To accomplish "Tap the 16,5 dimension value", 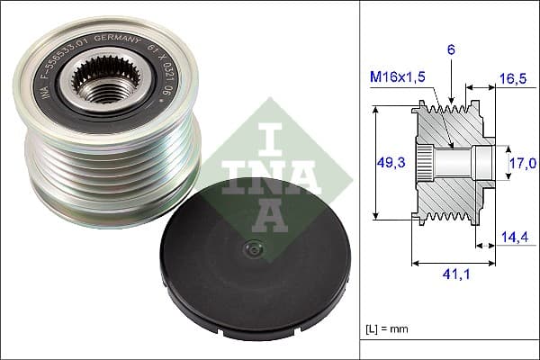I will click(x=511, y=80).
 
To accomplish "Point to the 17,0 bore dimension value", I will click(x=524, y=163).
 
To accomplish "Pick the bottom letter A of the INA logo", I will click(x=261, y=211).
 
